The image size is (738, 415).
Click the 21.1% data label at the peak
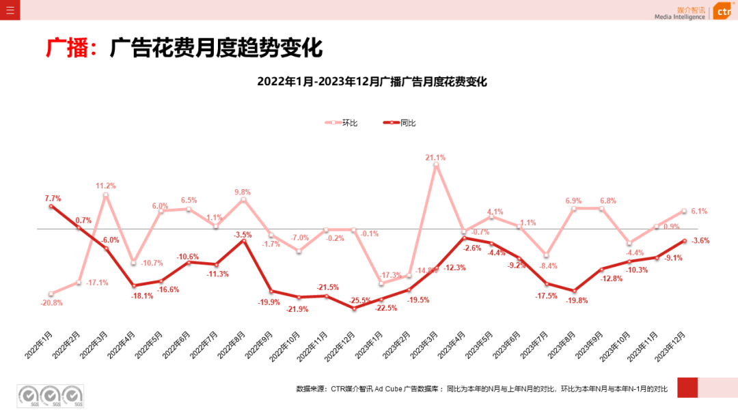point(435,157)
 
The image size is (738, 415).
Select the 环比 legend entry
point(342,123)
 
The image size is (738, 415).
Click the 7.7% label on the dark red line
point(53,199)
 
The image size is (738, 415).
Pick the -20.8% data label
point(51,302)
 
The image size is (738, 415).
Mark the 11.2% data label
point(106,186)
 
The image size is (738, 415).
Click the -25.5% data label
point(359,300)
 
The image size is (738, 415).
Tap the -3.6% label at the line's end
point(700,240)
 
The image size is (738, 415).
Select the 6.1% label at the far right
point(699,212)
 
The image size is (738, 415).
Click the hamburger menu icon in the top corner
point(10,10)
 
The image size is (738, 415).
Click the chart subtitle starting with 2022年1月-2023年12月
point(372,81)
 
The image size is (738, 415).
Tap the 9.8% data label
point(243,192)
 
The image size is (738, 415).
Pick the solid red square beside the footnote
point(687,387)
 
